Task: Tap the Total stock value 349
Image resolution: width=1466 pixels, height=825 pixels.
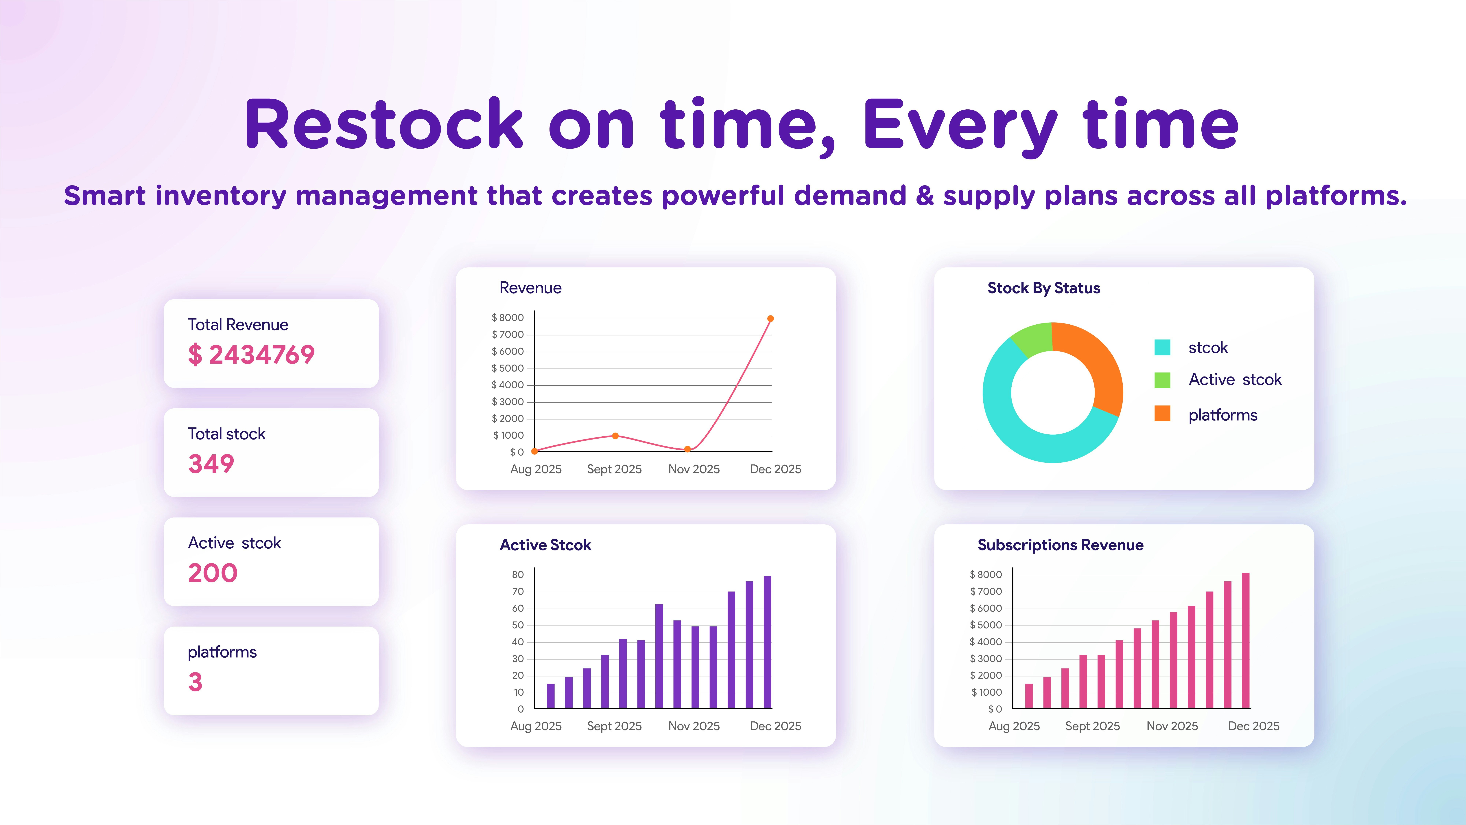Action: [x=211, y=464]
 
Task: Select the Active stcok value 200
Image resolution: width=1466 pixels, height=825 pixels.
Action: [x=213, y=573]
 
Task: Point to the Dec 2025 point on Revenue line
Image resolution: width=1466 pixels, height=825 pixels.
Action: [x=770, y=319]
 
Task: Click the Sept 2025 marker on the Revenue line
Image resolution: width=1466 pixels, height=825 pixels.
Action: [x=615, y=436]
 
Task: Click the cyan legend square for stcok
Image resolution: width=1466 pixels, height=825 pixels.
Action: [x=1162, y=347]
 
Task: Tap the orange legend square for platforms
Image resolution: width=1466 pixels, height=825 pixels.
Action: [x=1162, y=414]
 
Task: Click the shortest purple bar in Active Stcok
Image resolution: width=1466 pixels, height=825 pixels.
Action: [x=550, y=696]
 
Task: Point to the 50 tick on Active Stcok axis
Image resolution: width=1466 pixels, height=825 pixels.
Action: [x=518, y=625]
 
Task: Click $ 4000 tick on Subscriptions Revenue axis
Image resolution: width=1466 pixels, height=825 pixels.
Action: [x=986, y=642]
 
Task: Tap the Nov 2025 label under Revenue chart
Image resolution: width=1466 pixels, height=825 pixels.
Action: [x=694, y=469]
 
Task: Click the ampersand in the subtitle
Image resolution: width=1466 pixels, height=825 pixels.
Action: [x=925, y=196]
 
